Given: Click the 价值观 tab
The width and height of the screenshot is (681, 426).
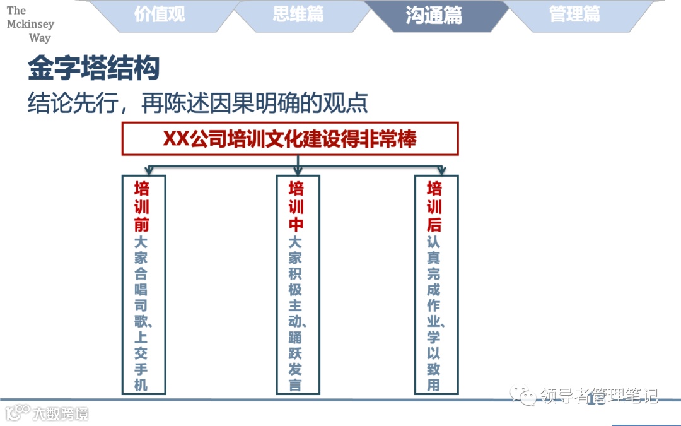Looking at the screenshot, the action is (160, 15).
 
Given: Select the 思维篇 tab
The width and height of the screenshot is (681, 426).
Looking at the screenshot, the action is (298, 15).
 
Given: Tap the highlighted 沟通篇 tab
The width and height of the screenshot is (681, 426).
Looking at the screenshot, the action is (434, 15).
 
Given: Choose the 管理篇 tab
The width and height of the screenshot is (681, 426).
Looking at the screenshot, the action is (574, 15).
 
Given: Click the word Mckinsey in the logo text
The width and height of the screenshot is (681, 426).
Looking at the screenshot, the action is (30, 24).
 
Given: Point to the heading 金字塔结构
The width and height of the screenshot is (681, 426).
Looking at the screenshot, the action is (93, 69).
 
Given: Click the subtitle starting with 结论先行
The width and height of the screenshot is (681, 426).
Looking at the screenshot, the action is (197, 102).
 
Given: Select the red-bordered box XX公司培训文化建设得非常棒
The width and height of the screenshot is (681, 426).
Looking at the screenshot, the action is (290, 139).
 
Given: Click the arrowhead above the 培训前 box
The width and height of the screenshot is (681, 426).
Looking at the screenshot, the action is (149, 170).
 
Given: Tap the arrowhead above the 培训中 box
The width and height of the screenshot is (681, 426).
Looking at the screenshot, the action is (298, 170).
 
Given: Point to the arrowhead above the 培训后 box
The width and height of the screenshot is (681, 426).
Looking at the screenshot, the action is (441, 170).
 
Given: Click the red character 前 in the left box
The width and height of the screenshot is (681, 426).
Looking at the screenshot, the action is (142, 224).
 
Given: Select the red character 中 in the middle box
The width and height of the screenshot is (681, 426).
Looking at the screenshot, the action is (296, 224).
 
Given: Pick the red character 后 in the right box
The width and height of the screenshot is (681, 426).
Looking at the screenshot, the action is (434, 224).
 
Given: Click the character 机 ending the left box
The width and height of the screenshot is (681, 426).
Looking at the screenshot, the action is (142, 384).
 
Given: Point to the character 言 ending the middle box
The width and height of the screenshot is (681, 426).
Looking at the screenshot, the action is (296, 384).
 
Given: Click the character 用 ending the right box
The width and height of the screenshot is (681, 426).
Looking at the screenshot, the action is (434, 384).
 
